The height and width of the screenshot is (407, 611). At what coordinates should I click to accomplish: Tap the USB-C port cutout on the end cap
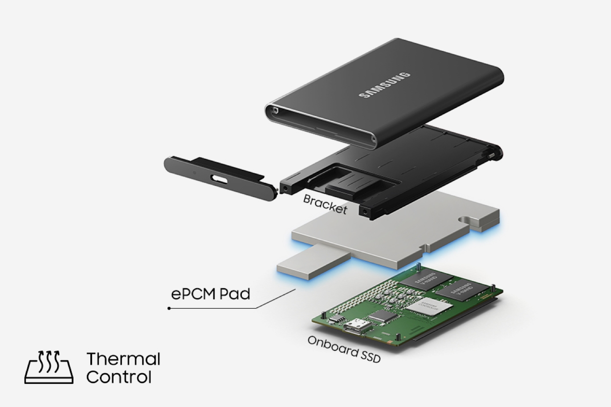[220, 179]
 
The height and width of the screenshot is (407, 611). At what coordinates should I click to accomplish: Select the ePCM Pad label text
[211, 294]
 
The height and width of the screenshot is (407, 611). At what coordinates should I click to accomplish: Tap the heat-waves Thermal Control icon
[49, 367]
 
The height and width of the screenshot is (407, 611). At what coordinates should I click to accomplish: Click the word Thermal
[123, 359]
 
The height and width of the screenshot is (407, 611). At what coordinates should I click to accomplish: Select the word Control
[118, 377]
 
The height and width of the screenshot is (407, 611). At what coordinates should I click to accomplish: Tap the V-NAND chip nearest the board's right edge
[461, 290]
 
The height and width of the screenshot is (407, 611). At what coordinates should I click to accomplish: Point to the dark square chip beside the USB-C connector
[382, 316]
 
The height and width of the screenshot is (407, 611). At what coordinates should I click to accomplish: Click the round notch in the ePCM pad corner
[466, 220]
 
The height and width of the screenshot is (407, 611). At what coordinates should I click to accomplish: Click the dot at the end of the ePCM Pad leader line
[169, 308]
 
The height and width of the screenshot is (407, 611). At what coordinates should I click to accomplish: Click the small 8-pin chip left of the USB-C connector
[337, 318]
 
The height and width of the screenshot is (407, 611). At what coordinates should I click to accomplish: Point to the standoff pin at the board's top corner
[418, 267]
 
